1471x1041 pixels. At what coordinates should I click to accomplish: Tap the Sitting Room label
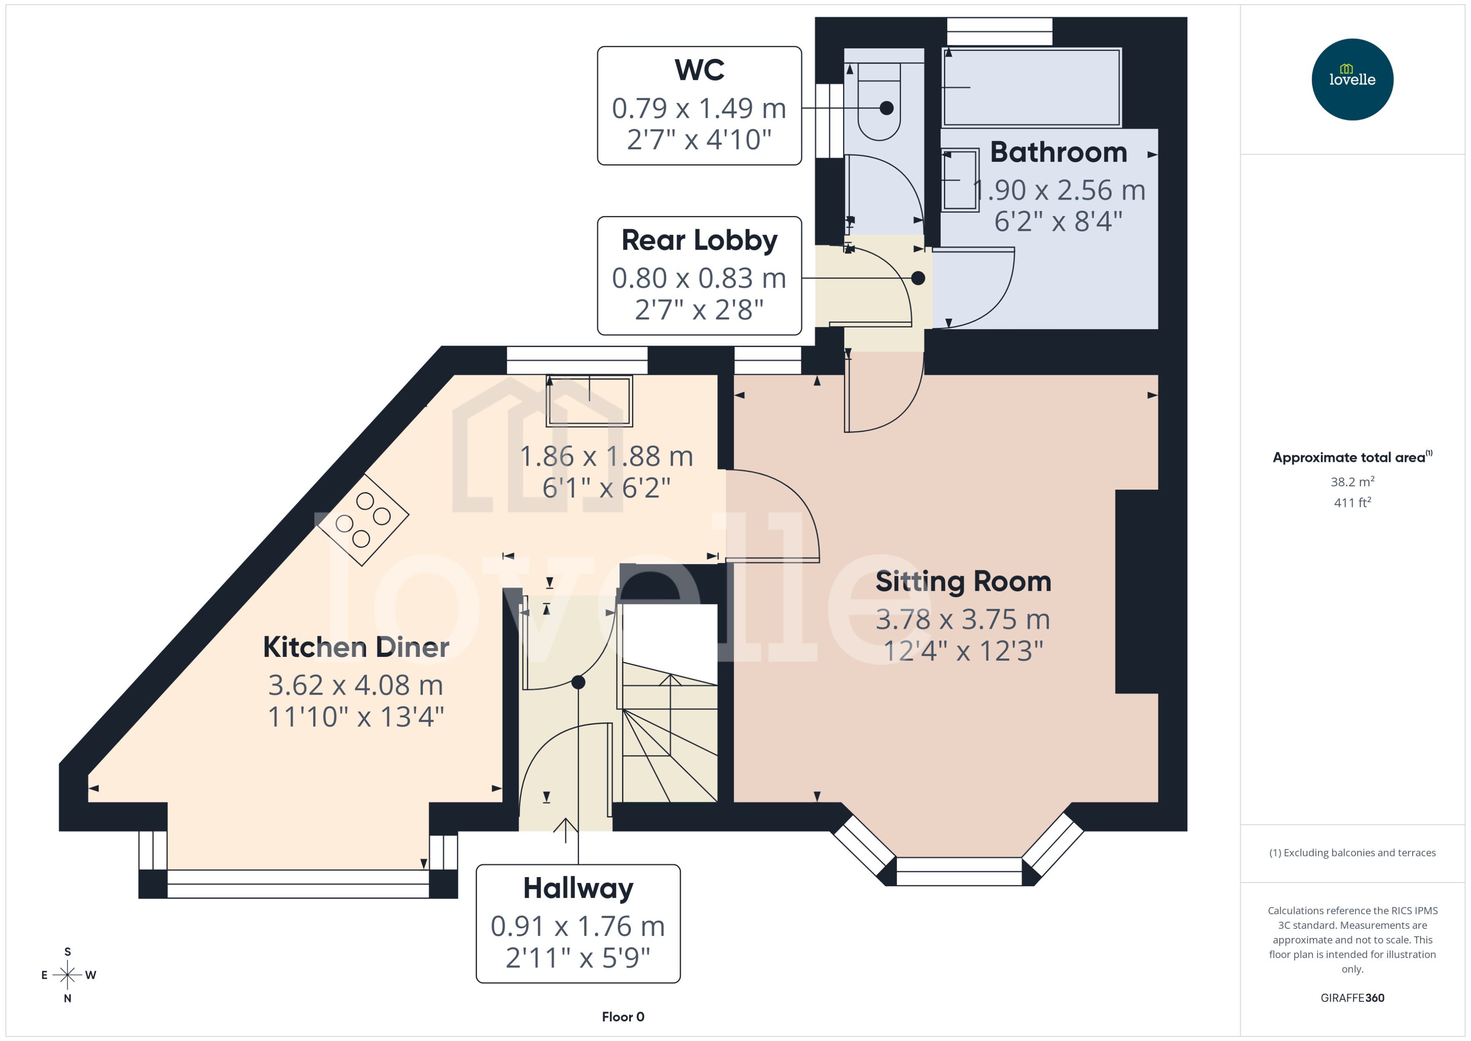tap(963, 581)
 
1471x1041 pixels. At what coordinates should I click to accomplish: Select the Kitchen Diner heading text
tap(356, 647)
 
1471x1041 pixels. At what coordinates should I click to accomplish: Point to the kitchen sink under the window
tap(589, 401)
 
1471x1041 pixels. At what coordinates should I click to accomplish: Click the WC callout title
tap(699, 70)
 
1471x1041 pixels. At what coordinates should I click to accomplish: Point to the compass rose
tap(67, 975)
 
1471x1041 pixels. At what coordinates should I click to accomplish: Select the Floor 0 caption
tap(622, 1017)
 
